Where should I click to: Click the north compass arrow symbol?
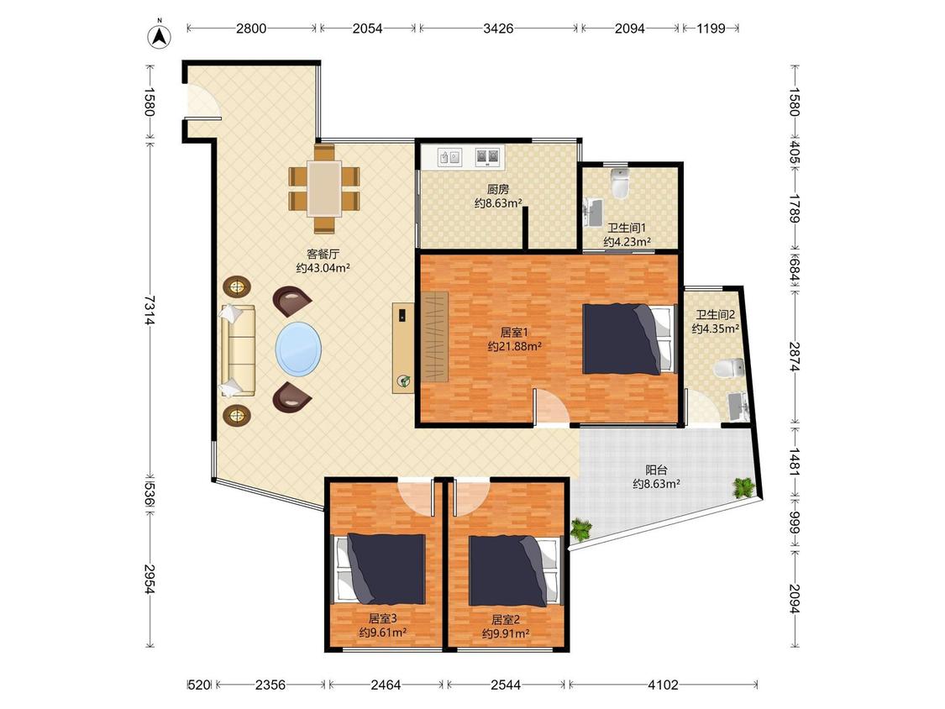[x=159, y=35]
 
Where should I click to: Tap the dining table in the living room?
[x=324, y=188]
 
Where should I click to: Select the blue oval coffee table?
[x=298, y=349]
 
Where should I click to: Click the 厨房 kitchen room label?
[x=498, y=189]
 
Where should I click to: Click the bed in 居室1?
[x=628, y=339]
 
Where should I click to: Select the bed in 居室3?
[x=381, y=569]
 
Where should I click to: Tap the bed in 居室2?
[x=515, y=570]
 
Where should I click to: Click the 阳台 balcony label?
[x=656, y=470]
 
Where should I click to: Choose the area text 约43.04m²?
[x=323, y=268]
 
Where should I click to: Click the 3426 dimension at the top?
[x=498, y=29]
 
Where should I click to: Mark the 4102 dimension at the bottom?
[x=663, y=685]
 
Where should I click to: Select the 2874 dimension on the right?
[x=795, y=357]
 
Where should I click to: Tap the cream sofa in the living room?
[x=238, y=350]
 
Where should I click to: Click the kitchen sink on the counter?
[x=449, y=157]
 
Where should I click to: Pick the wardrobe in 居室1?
[x=435, y=336]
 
